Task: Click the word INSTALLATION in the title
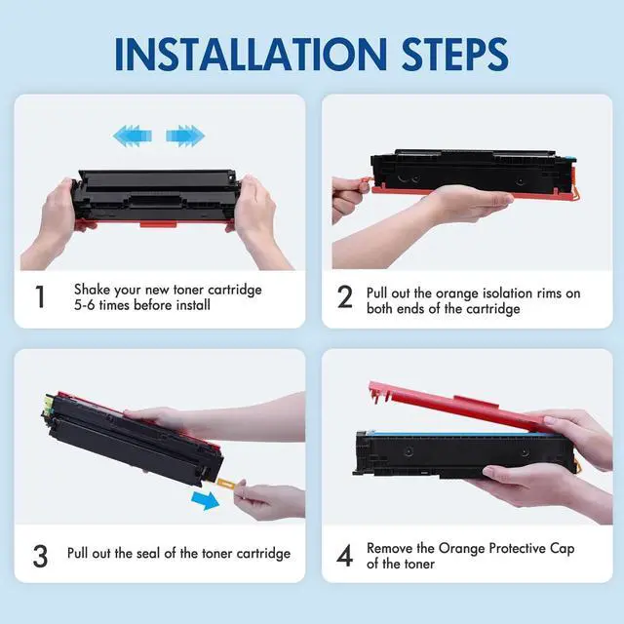click(x=252, y=54)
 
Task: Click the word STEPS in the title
click(x=455, y=54)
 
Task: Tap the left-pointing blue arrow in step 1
click(x=133, y=136)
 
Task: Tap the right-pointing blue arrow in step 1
click(x=185, y=136)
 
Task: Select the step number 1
click(x=40, y=296)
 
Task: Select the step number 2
click(x=344, y=296)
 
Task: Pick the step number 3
click(x=40, y=556)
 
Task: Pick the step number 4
click(x=344, y=556)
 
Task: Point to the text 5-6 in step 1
click(x=85, y=305)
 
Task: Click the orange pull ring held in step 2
click(x=365, y=183)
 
